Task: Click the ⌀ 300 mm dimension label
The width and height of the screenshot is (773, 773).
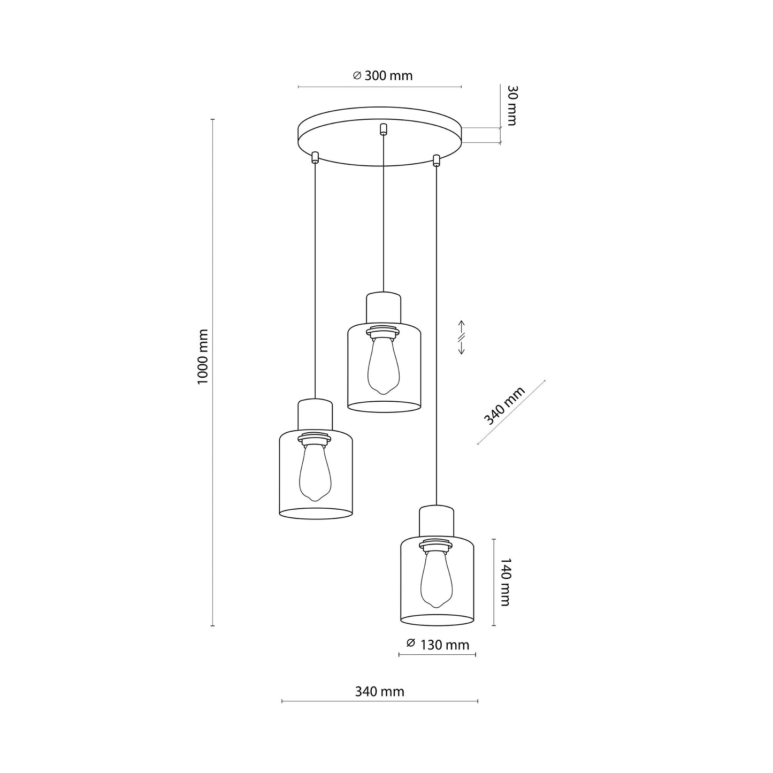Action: tap(382, 75)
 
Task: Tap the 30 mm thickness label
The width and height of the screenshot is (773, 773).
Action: tap(511, 105)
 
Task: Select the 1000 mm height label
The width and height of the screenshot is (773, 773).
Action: tap(203, 357)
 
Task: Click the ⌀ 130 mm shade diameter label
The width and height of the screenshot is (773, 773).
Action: tap(438, 645)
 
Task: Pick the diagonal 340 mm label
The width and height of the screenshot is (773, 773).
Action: tap(504, 406)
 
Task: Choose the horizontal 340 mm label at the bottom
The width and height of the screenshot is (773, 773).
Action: tap(379, 691)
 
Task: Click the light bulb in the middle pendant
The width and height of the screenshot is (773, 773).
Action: tap(384, 365)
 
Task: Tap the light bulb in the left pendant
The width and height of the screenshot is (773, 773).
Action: tap(315, 472)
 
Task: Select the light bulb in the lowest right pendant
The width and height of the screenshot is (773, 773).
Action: tap(437, 580)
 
